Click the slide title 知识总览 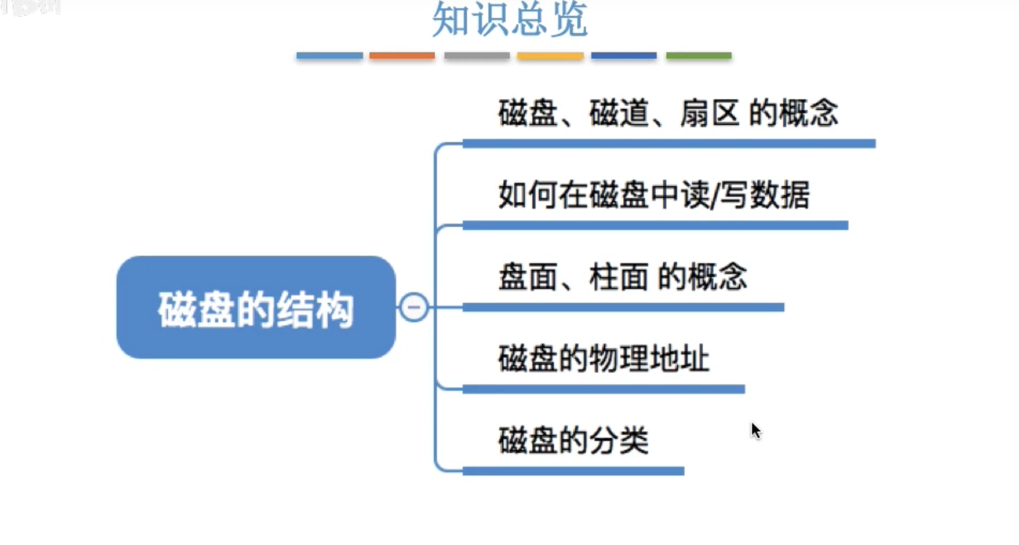click(x=509, y=21)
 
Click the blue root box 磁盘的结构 click(x=256, y=308)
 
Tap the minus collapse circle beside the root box click(x=414, y=307)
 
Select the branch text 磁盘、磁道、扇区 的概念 click(x=668, y=113)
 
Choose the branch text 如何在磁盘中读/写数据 click(x=654, y=195)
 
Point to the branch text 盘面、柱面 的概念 click(x=623, y=277)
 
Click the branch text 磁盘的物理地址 click(x=603, y=359)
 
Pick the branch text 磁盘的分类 click(x=573, y=441)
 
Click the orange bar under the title click(x=402, y=56)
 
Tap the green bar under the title click(x=699, y=56)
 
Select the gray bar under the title click(x=476, y=56)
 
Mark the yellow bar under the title click(x=550, y=56)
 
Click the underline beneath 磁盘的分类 click(x=573, y=471)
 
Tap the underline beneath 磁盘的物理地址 click(x=603, y=389)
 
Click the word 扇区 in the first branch click(x=709, y=113)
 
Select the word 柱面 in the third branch click(x=619, y=277)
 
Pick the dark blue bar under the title click(x=624, y=56)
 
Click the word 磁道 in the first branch click(x=619, y=113)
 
